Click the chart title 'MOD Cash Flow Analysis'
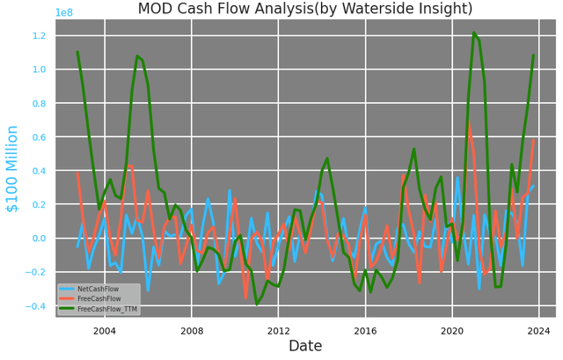304,10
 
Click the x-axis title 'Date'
305,346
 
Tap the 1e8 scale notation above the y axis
64,12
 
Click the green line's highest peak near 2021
474,33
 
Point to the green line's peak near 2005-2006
137,56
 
